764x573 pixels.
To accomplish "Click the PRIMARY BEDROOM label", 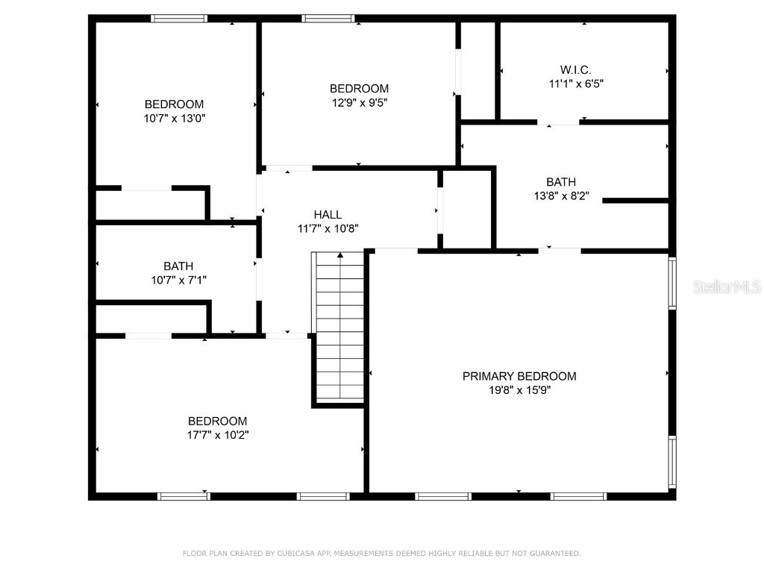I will (519, 376).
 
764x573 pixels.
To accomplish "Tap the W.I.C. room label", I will (576, 70).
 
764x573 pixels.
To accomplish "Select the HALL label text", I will (328, 215).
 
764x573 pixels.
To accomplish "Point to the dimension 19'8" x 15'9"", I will (519, 389).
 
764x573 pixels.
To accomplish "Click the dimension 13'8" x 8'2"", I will (561, 195).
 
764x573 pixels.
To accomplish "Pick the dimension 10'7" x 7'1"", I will (178, 280).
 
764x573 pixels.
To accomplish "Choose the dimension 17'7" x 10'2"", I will (217, 435).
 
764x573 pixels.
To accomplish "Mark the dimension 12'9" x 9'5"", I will (360, 102).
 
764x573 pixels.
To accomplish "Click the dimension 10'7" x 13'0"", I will (174, 118).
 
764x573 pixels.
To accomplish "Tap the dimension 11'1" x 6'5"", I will (576, 84).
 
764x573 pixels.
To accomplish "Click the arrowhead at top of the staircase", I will (341, 256).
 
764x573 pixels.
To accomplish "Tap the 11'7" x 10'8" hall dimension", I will (328, 229).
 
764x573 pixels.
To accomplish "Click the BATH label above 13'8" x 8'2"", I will (561, 182).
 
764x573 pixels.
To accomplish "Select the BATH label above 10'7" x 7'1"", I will (178, 266).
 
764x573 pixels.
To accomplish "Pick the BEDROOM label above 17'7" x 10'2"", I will (217, 422).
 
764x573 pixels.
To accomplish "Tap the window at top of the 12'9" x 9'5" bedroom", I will (328, 19).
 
